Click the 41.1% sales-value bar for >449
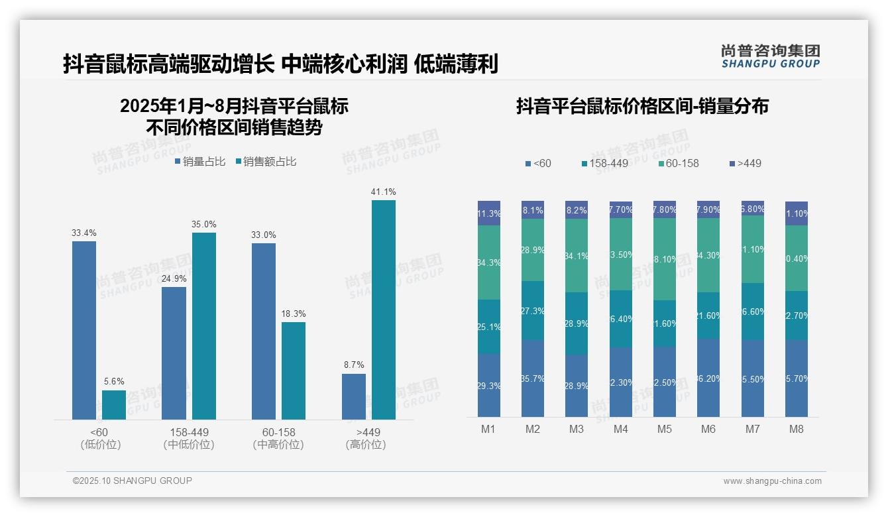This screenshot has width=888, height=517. (x=383, y=310)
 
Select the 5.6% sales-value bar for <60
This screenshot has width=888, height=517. (x=113, y=404)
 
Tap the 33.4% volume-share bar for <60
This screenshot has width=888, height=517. (x=84, y=330)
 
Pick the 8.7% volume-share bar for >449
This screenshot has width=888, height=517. (x=354, y=396)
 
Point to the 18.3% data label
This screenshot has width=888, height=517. (x=293, y=314)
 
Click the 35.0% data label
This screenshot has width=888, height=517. (x=203, y=224)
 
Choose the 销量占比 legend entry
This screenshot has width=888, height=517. (x=200, y=162)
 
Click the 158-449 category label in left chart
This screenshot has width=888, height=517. (x=189, y=432)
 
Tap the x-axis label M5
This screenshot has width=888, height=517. (x=665, y=429)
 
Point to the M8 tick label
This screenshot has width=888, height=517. (x=797, y=429)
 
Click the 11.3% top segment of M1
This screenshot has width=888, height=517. (x=489, y=213)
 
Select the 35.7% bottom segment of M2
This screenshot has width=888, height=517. (x=533, y=378)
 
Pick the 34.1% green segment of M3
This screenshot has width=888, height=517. (x=577, y=256)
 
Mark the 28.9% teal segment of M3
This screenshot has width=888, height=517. (x=577, y=323)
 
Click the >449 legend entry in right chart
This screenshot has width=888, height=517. (x=746, y=163)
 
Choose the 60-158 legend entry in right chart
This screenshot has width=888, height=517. (x=679, y=163)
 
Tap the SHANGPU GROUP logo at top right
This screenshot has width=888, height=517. (x=770, y=56)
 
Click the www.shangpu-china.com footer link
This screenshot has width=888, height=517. (x=772, y=481)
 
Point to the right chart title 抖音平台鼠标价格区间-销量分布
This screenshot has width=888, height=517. (x=642, y=106)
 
